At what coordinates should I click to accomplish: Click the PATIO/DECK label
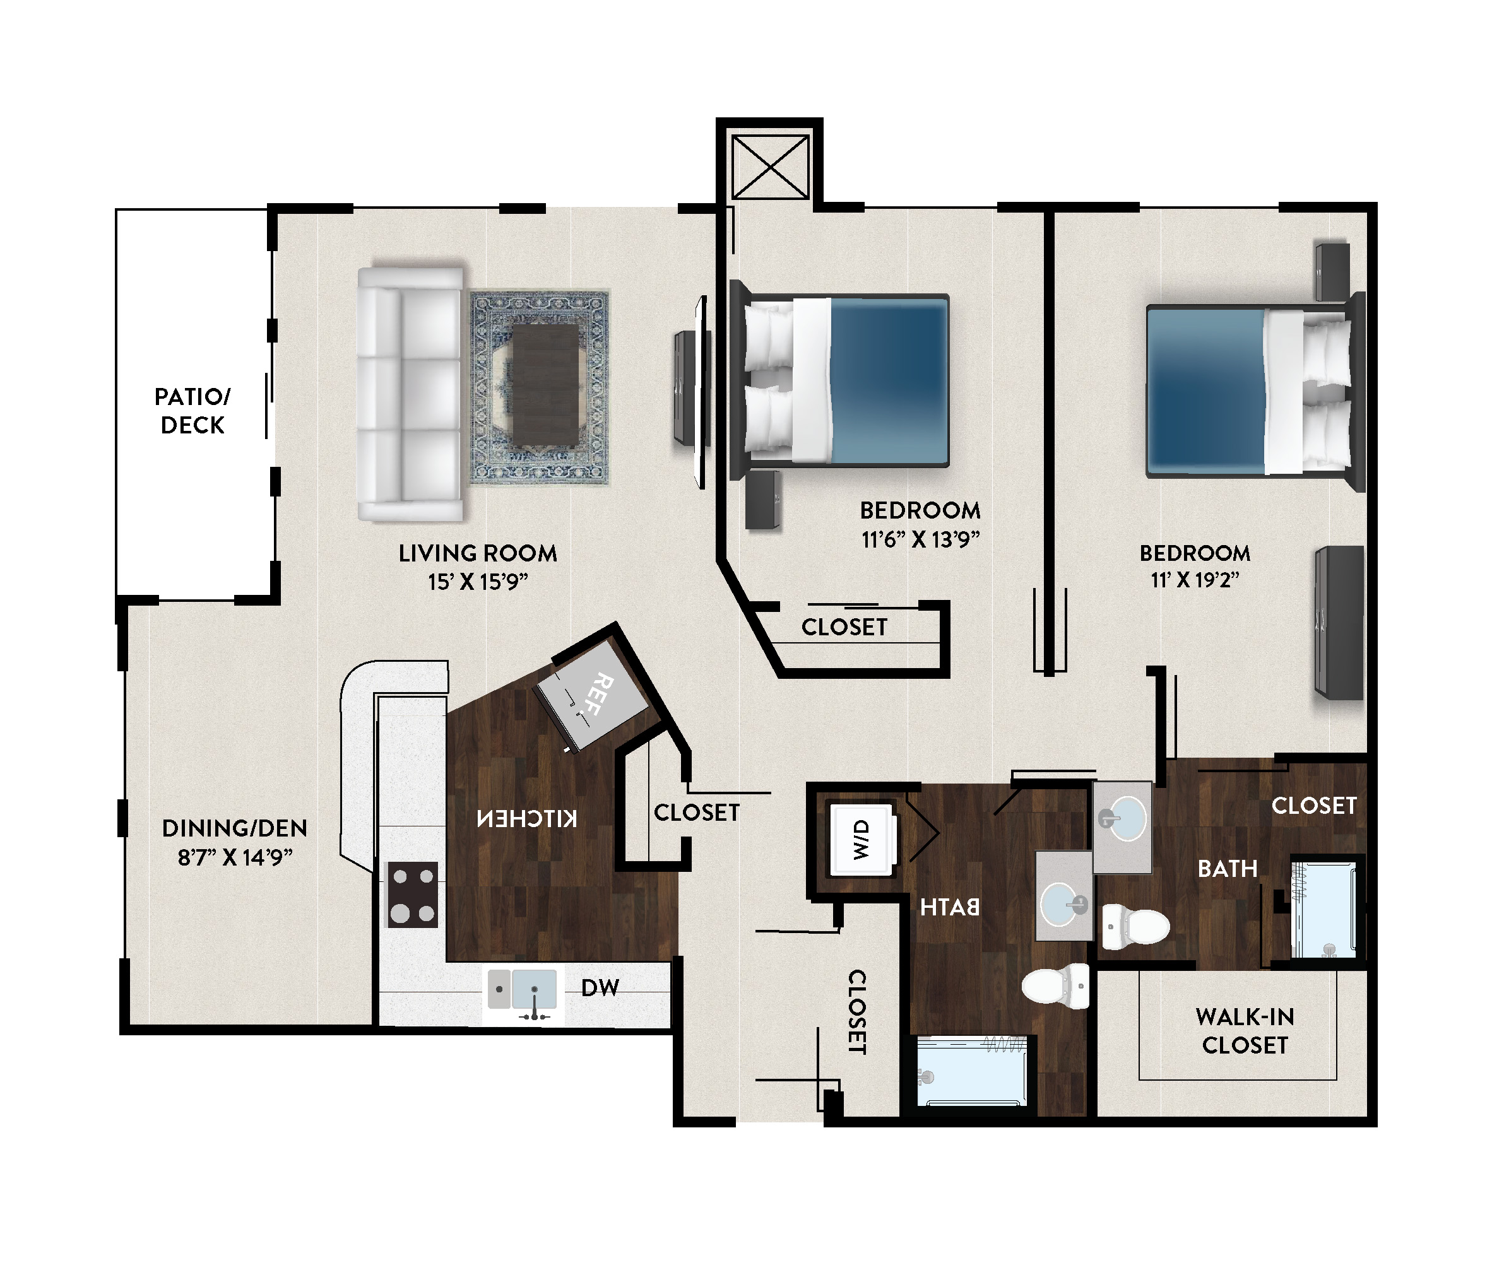pyautogui.click(x=192, y=411)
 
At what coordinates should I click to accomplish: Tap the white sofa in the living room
pyautogui.click(x=410, y=394)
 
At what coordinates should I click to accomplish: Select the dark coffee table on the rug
pyautogui.click(x=545, y=385)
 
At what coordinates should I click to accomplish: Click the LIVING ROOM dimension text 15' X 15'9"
pyautogui.click(x=478, y=582)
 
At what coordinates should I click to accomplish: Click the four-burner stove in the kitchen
pyautogui.click(x=413, y=894)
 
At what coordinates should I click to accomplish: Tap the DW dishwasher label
pyautogui.click(x=600, y=988)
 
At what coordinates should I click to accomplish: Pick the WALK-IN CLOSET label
pyautogui.click(x=1245, y=1031)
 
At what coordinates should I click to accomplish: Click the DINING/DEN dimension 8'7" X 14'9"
pyautogui.click(x=235, y=857)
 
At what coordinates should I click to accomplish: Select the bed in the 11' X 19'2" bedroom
pyautogui.click(x=1255, y=391)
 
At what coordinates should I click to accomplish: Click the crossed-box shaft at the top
pyautogui.click(x=770, y=167)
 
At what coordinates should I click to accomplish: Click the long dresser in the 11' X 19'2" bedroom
pyautogui.click(x=1339, y=623)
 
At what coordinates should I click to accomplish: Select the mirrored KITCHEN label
pyautogui.click(x=527, y=820)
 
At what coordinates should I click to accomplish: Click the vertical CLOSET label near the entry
pyautogui.click(x=856, y=1012)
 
